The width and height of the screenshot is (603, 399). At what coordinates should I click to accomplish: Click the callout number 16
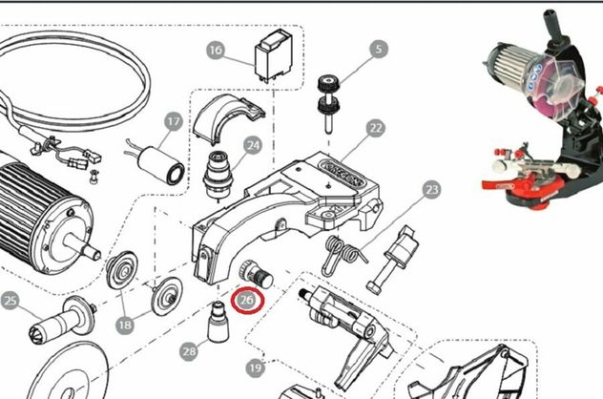(216, 51)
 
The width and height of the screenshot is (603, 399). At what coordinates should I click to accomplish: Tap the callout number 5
(379, 49)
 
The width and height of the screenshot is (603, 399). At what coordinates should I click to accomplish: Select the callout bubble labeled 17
(174, 122)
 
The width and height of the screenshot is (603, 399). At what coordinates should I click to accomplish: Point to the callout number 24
(253, 145)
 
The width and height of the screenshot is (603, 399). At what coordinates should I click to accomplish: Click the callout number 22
(375, 128)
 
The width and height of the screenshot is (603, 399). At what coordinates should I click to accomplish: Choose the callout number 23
(431, 190)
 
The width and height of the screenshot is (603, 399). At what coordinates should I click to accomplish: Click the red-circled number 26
(247, 300)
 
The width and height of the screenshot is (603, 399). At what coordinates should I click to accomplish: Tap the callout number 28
(189, 351)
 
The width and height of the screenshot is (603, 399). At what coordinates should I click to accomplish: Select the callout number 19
(256, 368)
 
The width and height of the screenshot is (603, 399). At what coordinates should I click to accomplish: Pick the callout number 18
(125, 325)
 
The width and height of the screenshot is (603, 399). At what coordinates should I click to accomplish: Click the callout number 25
(10, 301)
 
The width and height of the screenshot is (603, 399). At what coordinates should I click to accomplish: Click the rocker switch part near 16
(274, 55)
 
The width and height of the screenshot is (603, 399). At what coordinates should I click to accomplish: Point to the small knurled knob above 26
(256, 275)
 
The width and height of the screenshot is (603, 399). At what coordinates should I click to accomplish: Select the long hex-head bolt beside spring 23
(391, 259)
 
